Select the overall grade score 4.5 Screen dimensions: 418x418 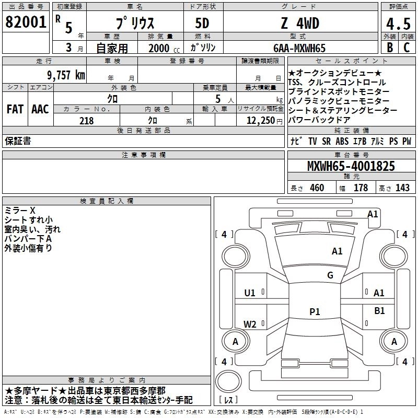click(x=398, y=24)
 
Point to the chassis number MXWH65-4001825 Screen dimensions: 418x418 click(x=351, y=166)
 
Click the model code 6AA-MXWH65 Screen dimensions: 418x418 click(x=299, y=48)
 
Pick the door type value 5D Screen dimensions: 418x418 click(x=202, y=24)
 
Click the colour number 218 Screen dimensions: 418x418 click(x=86, y=121)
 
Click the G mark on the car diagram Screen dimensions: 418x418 click(x=330, y=275)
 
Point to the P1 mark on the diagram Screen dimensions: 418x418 click(x=315, y=311)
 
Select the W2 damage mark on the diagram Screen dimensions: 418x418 click(x=250, y=324)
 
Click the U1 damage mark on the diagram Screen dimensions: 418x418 click(x=250, y=293)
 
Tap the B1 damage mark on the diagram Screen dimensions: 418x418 click(x=379, y=310)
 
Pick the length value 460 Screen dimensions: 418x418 click(x=317, y=188)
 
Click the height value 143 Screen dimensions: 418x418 click(x=402, y=188)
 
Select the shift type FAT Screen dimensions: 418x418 click(x=15, y=109)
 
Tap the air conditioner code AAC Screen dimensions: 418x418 click(x=40, y=109)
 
